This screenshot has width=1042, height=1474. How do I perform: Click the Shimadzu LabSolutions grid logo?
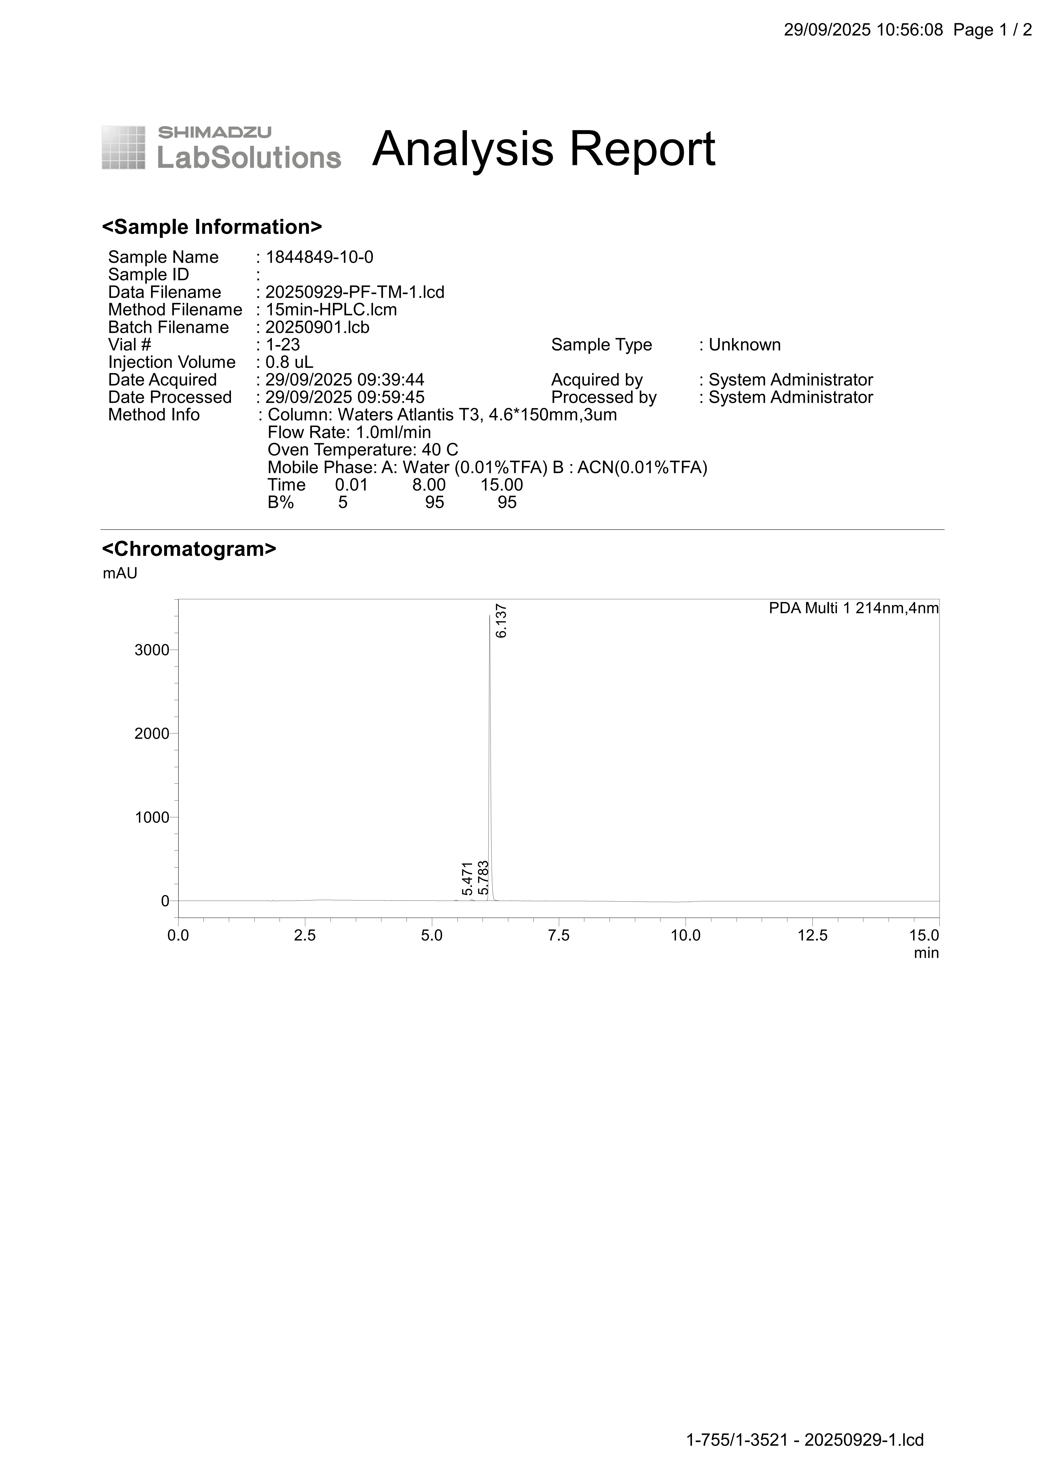(123, 148)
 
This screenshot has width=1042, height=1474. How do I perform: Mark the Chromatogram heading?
(189, 549)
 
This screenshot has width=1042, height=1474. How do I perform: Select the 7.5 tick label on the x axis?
(559, 935)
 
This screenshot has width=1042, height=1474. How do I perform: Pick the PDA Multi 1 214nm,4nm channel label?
(853, 608)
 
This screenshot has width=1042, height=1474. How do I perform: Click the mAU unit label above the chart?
(120, 573)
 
